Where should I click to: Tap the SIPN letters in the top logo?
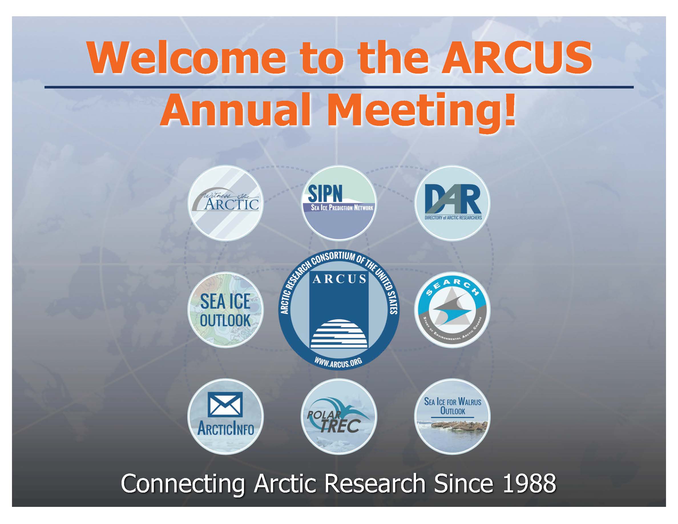(x=325, y=193)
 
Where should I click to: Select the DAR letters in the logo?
(x=453, y=199)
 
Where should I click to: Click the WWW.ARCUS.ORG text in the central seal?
(x=338, y=363)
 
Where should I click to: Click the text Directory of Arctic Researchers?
(x=453, y=217)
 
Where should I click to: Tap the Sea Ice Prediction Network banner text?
(x=342, y=208)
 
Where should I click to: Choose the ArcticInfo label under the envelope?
(x=226, y=430)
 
